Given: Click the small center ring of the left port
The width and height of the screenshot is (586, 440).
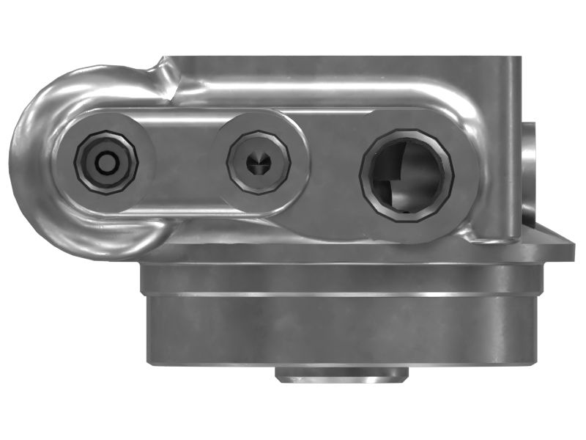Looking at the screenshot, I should click(106, 163).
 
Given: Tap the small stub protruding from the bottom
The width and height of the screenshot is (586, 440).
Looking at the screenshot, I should click(341, 375).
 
